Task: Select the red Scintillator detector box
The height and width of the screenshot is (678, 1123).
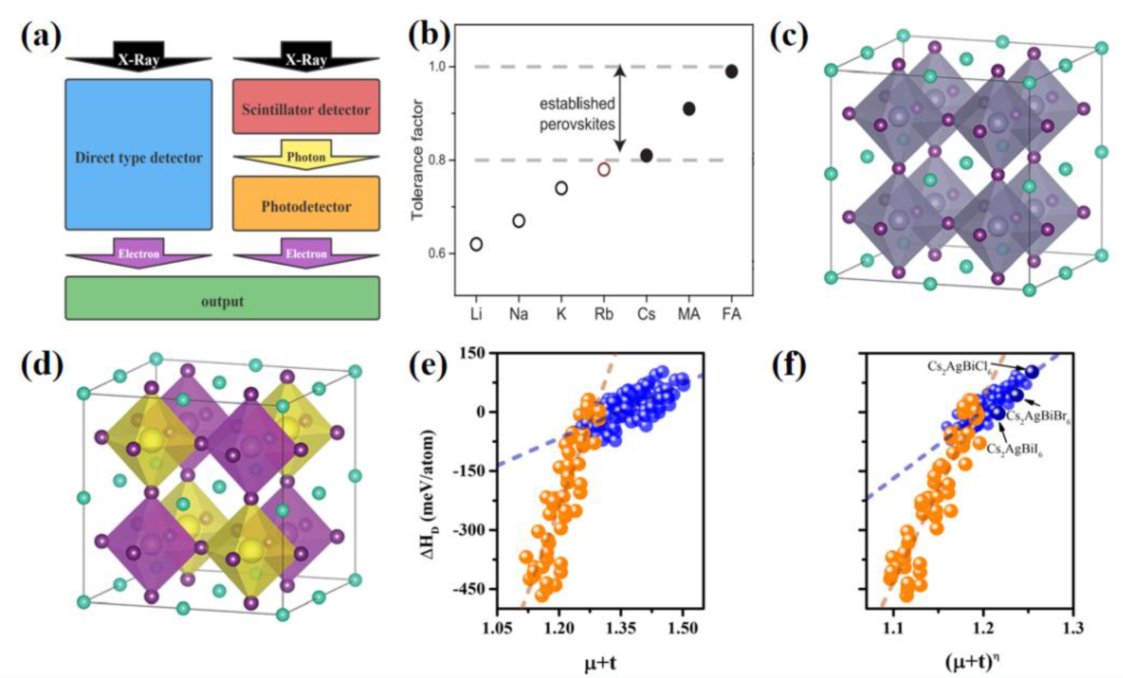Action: point(306,106)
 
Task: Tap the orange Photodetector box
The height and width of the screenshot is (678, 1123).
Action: point(306,203)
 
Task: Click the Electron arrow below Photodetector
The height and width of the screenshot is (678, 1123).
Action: point(306,254)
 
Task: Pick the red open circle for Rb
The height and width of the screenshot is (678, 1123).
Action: point(604,169)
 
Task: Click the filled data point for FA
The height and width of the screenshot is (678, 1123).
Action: point(731,72)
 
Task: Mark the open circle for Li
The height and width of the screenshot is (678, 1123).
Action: point(476,244)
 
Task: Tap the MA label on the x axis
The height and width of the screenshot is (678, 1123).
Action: point(688,314)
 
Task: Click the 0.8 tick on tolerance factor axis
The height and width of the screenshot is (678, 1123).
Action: point(438,160)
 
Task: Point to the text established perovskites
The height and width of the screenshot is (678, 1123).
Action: point(577,114)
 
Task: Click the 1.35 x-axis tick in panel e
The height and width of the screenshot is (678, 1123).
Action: point(621,629)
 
